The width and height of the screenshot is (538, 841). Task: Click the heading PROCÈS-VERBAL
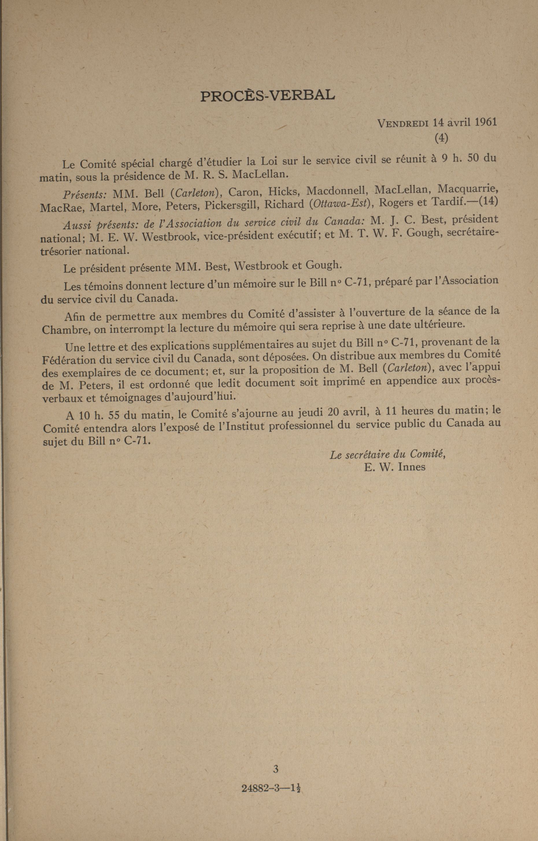point(268,95)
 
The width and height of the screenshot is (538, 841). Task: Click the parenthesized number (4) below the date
point(441,138)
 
